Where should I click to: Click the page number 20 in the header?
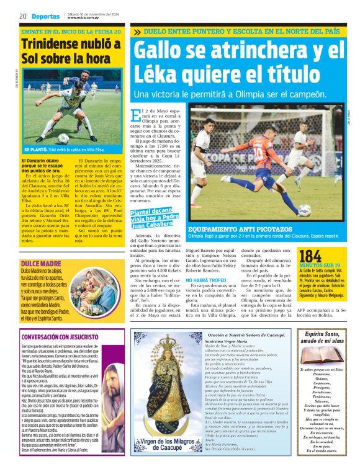point(22,16)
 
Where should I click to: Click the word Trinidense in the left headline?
point(62,45)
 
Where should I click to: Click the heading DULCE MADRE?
point(39,264)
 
